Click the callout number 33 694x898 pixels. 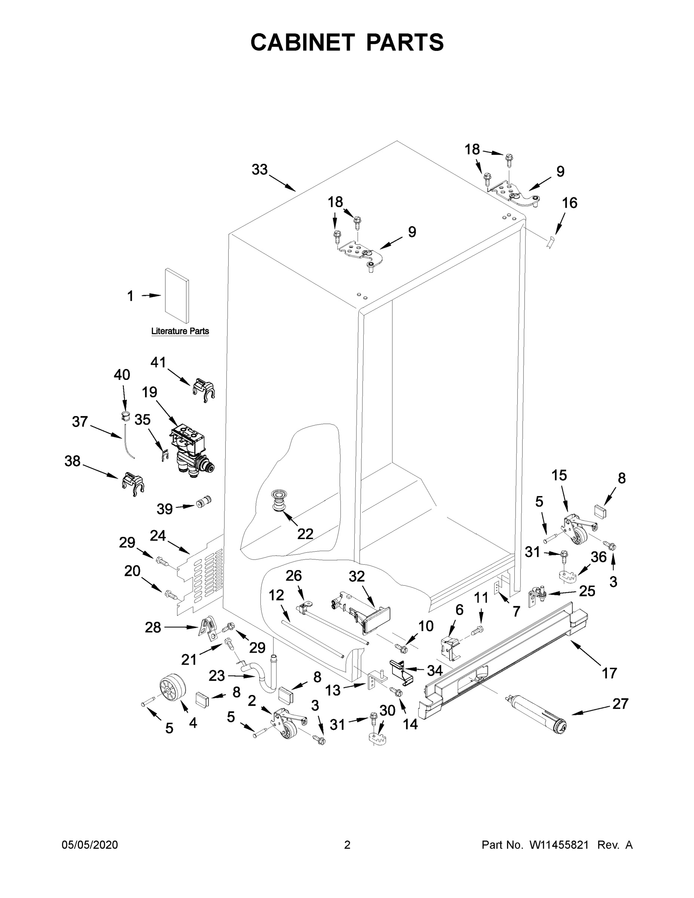(259, 169)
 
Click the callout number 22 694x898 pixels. (305, 534)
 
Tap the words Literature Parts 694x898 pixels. (180, 331)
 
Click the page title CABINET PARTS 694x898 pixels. (347, 42)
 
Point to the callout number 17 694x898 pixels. (609, 673)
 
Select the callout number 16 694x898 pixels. (569, 203)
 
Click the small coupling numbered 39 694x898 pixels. (204, 502)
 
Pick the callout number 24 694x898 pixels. (158, 535)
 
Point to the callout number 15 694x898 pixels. (559, 475)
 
